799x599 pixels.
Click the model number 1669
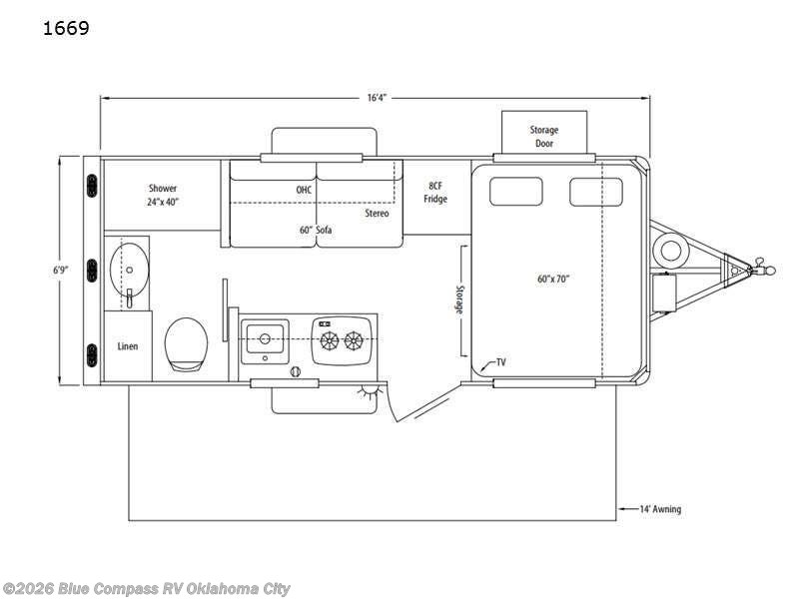66,28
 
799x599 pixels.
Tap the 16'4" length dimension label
378,97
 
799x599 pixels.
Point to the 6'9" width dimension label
61,270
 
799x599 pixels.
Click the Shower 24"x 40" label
163,195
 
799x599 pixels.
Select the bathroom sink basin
130,269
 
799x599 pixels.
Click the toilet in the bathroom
187,344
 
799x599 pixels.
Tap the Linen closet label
128,346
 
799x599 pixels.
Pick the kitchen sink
265,338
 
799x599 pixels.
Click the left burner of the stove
330,340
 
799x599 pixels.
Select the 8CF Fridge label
435,192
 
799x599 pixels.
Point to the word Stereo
377,214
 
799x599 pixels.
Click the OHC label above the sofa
304,190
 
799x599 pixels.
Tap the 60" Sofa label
316,231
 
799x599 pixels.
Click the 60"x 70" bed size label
553,279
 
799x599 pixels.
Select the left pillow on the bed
515,192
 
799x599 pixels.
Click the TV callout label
501,362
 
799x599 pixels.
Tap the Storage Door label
544,137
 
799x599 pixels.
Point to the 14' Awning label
660,509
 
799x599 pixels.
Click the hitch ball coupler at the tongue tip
763,267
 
